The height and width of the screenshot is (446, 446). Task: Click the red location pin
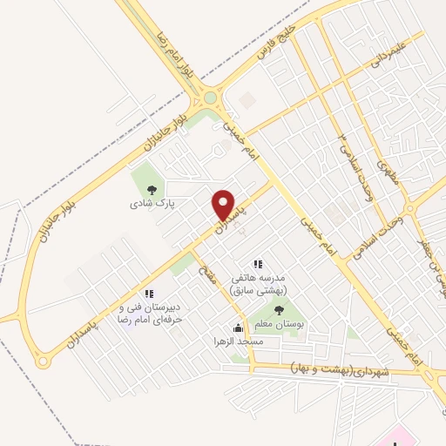[225, 206]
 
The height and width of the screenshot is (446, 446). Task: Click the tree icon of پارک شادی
[151, 187]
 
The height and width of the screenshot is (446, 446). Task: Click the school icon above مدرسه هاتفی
[257, 264]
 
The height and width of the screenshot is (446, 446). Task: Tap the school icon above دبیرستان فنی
[149, 294]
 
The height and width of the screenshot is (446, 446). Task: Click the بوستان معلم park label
[279, 323]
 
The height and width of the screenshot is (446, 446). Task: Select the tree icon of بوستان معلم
[279, 309]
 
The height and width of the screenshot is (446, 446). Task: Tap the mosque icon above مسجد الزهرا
[238, 328]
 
